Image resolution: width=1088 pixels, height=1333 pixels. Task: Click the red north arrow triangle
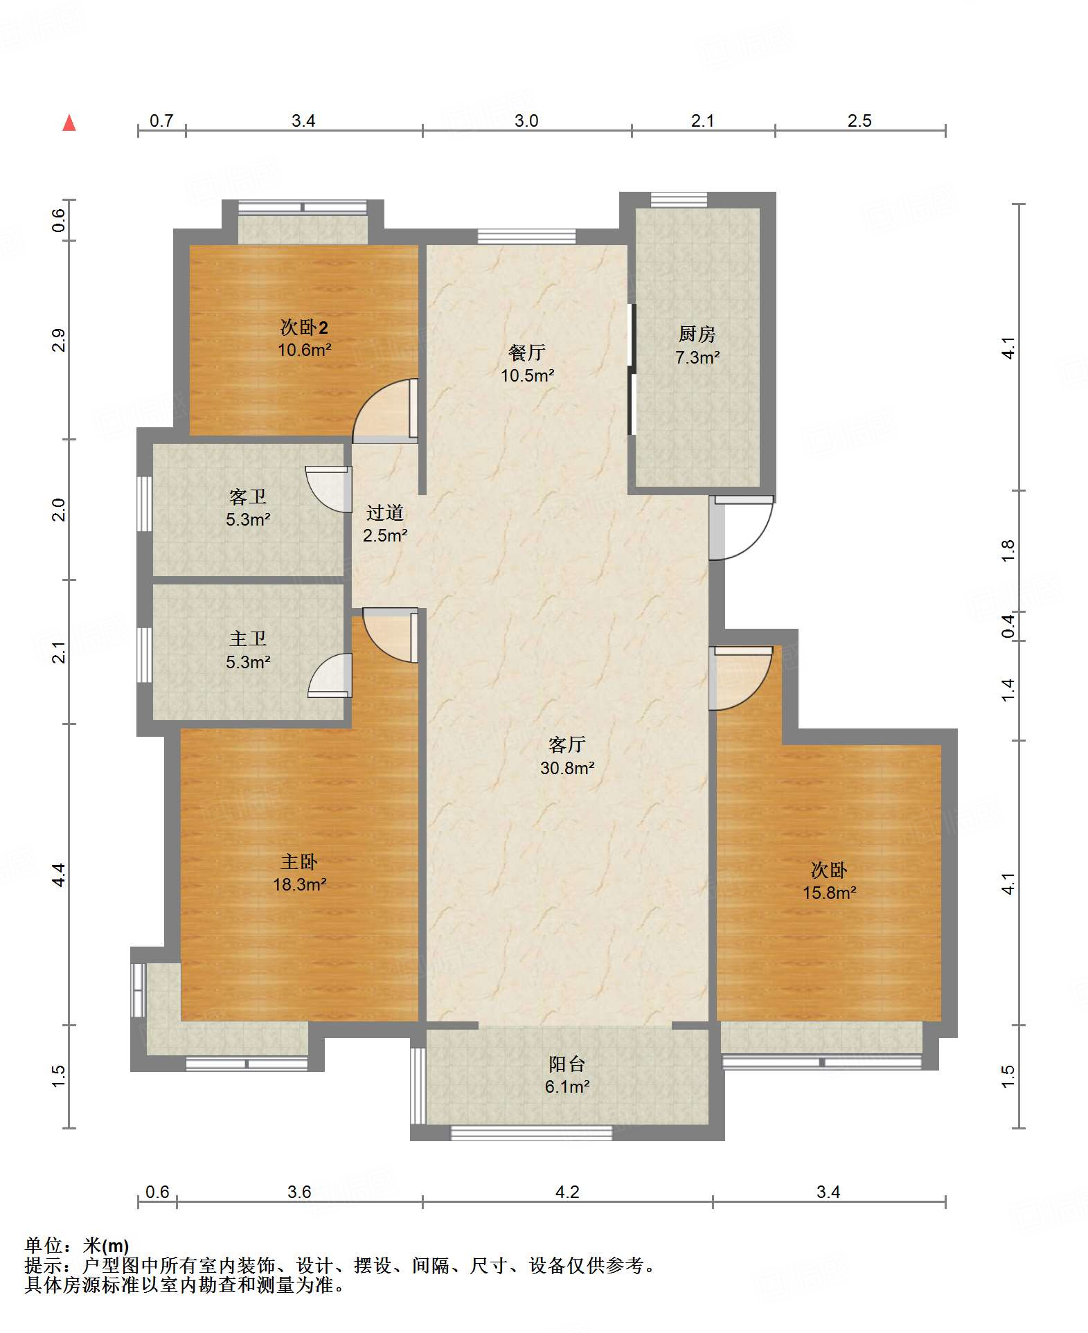[x=69, y=123]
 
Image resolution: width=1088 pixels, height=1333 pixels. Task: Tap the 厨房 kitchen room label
[x=697, y=334]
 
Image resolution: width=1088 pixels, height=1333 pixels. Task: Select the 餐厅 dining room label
[x=527, y=352]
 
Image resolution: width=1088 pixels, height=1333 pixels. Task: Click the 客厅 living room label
[x=567, y=745]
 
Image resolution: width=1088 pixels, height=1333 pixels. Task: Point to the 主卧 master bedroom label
[x=299, y=862]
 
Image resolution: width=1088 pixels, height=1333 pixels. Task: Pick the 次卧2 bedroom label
[x=304, y=327]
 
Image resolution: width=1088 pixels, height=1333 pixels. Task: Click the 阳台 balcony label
[x=567, y=1064]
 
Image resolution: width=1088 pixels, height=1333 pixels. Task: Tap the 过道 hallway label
[x=385, y=513]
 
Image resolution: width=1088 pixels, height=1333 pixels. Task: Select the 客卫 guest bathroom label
[x=248, y=497]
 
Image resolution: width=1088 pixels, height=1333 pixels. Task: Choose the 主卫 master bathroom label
[x=248, y=639]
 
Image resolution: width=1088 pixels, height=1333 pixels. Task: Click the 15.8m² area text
[x=830, y=893]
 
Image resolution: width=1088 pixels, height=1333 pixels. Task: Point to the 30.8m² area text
[x=567, y=768]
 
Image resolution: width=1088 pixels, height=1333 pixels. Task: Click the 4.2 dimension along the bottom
[x=567, y=1192]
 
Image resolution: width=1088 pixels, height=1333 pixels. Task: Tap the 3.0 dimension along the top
[x=526, y=121]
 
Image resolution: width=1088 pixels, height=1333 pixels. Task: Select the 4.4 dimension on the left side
[x=59, y=875]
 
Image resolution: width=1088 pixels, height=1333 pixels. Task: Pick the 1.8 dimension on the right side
[x=1008, y=551]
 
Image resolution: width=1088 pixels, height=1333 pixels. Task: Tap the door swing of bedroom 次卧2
[x=385, y=411]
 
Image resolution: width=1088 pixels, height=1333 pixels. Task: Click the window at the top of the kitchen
[x=679, y=199]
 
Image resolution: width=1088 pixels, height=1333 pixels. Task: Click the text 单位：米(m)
[x=77, y=1246]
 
